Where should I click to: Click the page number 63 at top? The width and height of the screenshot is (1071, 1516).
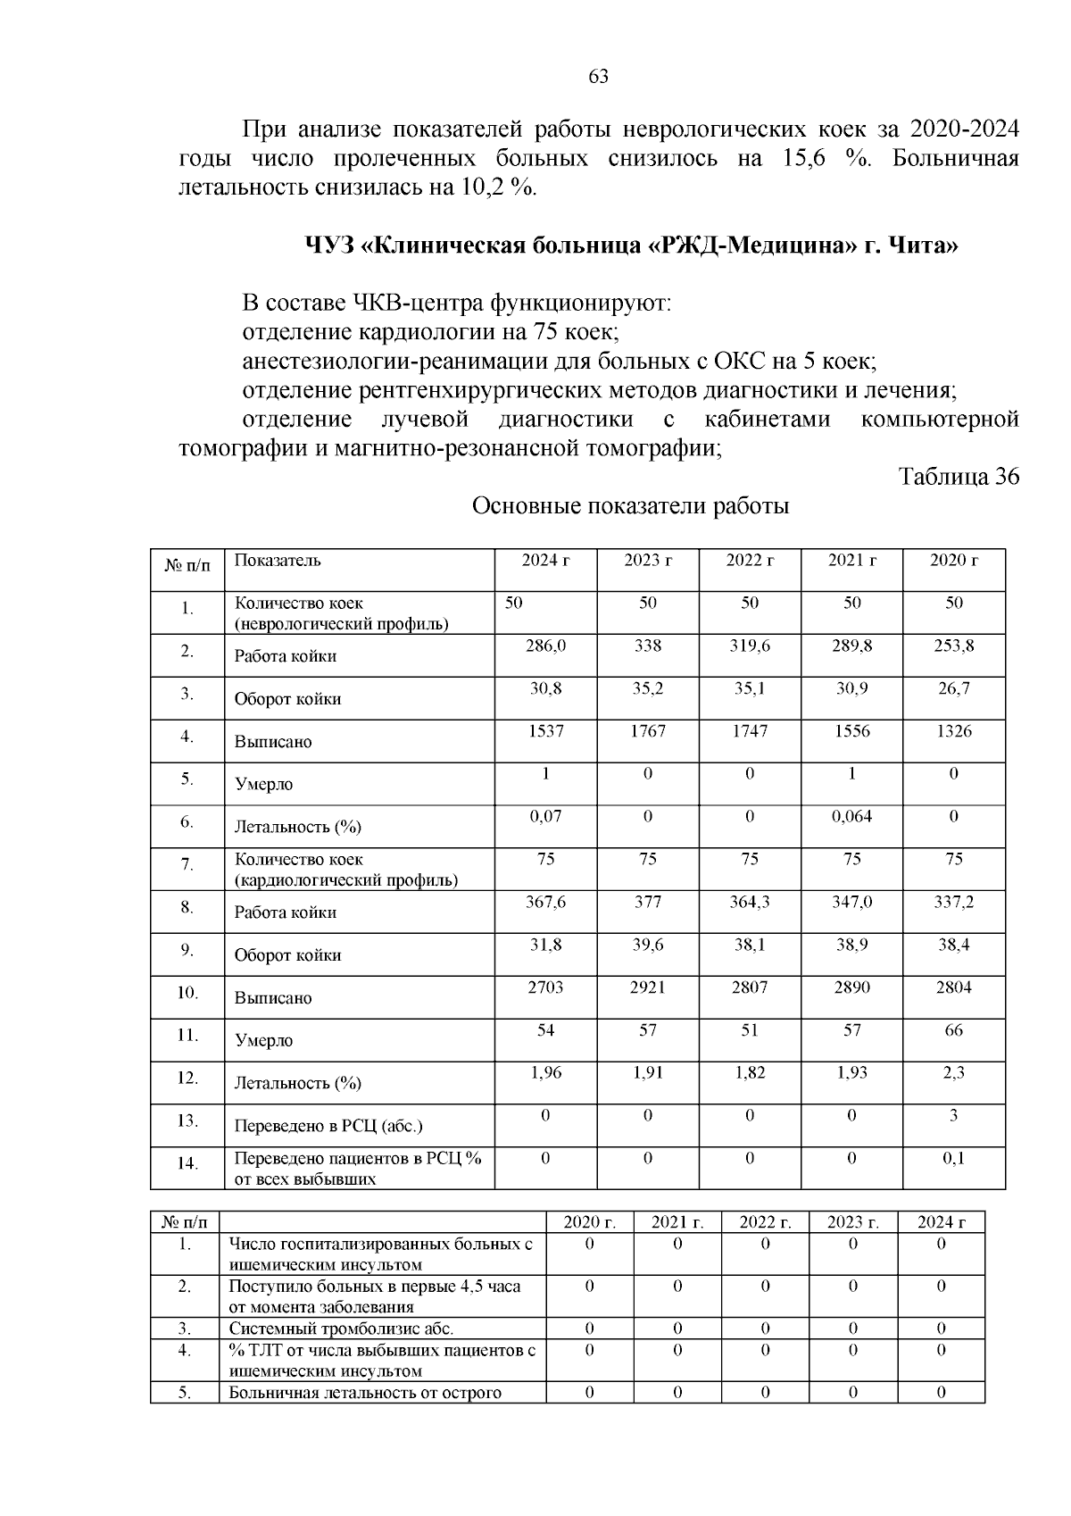coord(599,77)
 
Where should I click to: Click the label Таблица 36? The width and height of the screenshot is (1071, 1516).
coord(959,477)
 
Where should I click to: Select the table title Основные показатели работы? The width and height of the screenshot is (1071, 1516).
coord(630,507)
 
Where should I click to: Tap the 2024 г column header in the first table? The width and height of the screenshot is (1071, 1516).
coord(545,561)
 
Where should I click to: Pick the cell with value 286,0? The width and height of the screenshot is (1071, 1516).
coord(545,646)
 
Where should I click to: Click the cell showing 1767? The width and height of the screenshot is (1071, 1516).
coord(647,731)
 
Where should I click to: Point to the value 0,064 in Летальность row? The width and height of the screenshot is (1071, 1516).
coord(851,816)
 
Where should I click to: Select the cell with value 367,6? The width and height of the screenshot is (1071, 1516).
coord(545,903)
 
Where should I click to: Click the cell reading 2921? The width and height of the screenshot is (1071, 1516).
coord(647,987)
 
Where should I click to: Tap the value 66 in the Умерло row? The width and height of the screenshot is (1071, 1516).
coord(953,1030)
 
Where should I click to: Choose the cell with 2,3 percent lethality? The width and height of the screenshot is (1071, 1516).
coord(953,1073)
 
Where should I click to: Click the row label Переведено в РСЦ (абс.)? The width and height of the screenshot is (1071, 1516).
coord(328,1127)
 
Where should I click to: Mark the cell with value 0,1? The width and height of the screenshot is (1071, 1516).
coord(953,1158)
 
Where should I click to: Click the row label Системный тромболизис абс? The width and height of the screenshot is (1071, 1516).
coord(341,1329)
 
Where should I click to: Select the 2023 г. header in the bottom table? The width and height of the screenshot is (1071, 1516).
coord(852,1222)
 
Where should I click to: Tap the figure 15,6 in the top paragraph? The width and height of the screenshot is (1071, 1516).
coord(804,159)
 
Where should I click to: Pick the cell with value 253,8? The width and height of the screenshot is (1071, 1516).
coord(953,646)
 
